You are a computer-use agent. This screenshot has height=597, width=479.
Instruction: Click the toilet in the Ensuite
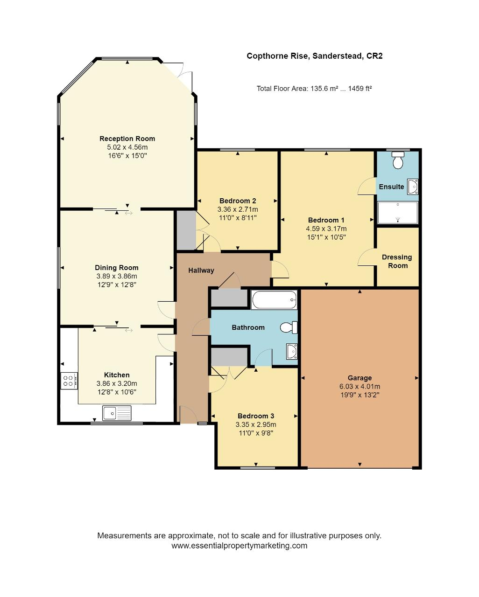point(398,160)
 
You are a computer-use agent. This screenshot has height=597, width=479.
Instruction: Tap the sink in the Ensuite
point(413,187)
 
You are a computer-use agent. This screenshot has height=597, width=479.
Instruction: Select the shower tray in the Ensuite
point(398,212)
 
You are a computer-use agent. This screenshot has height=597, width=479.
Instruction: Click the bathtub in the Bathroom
point(274,299)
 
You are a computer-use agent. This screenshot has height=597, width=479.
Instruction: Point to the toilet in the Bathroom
point(289,327)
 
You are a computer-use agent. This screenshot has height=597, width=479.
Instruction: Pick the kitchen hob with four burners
point(69,381)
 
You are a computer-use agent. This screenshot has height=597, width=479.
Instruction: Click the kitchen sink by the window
point(117,413)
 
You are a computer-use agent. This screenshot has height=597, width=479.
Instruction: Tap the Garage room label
point(359,378)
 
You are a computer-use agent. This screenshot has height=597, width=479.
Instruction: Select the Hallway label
point(201,270)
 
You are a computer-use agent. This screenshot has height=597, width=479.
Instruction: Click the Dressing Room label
point(397,261)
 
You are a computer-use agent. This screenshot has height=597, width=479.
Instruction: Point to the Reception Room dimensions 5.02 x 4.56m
point(127,147)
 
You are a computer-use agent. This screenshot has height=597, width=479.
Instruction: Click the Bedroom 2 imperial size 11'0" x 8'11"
point(238,218)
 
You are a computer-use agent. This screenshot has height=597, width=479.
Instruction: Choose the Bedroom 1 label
point(326,220)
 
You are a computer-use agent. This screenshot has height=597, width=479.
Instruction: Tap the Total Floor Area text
point(314,89)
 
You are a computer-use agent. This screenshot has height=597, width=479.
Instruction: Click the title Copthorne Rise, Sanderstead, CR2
point(315,56)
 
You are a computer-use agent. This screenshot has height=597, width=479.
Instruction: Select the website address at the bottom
point(239,546)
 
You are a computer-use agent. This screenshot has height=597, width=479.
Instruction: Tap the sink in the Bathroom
point(292,351)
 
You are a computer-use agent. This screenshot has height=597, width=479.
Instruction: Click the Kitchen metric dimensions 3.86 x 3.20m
point(117,383)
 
